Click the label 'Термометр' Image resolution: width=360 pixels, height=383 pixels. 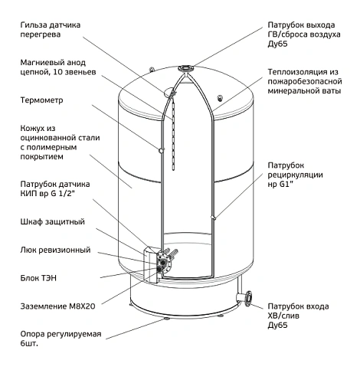tap(41, 100)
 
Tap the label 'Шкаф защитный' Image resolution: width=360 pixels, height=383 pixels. tap(52, 221)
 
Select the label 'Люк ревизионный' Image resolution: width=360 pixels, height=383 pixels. tap(55, 250)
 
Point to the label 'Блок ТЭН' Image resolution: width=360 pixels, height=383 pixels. tap(38, 278)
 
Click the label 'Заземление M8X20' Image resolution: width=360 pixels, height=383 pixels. tap(57, 306)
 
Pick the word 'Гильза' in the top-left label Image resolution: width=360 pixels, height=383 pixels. tap(34, 25)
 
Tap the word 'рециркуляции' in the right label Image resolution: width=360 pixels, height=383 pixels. tap(295, 175)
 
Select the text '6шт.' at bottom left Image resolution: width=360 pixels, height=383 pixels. tap(29, 343)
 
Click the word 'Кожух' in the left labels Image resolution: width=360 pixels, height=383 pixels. tap(31, 129)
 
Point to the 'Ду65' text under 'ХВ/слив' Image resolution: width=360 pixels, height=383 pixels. tap(277, 326)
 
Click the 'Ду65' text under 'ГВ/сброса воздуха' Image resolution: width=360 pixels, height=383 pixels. tap(277, 44)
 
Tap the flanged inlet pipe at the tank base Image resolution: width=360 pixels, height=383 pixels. tap(244, 298)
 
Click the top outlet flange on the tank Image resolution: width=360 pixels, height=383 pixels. tap(186, 68)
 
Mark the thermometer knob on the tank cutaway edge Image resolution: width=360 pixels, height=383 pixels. tap(162, 151)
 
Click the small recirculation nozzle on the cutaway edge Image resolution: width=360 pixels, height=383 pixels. tap(214, 218)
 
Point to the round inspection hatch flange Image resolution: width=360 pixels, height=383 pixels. tap(162, 263)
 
